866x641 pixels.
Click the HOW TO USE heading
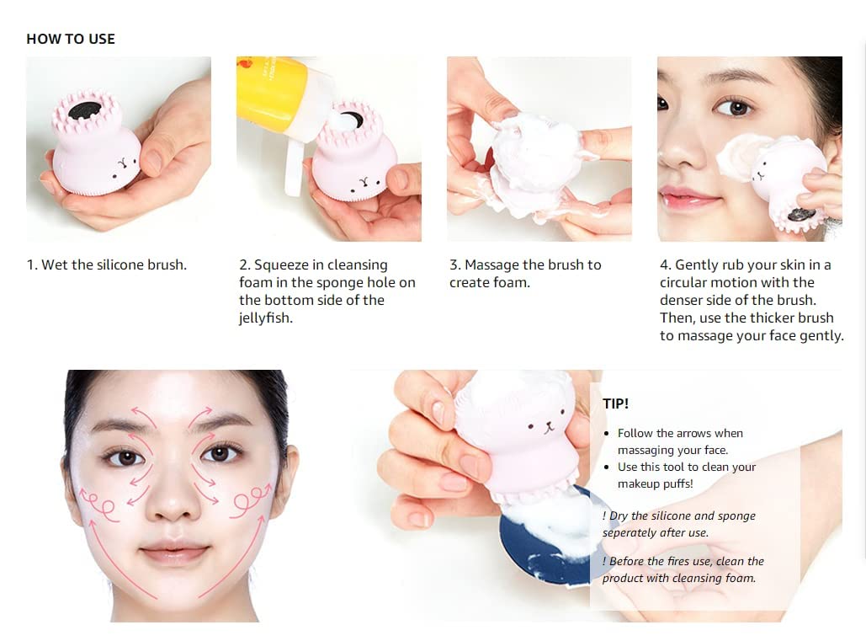click(71, 39)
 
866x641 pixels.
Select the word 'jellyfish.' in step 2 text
click(266, 318)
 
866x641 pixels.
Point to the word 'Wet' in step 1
click(55, 264)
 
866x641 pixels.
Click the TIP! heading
click(615, 403)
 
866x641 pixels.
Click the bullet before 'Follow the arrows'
click(607, 434)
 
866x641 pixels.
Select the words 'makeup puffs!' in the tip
click(655, 483)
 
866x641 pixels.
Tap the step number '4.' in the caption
click(666, 264)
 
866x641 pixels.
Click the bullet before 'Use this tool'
click(607, 467)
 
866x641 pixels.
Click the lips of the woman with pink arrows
click(174, 553)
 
